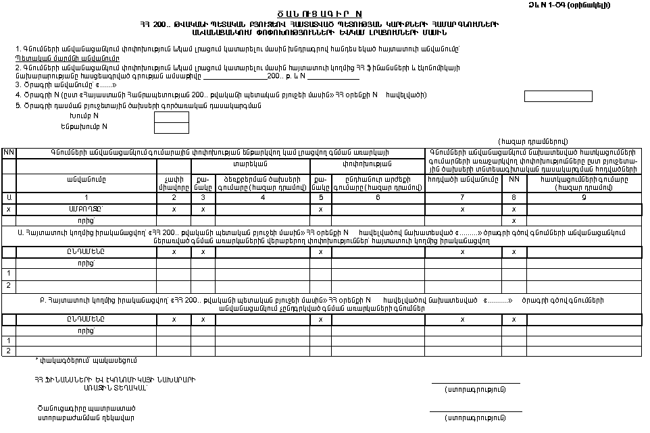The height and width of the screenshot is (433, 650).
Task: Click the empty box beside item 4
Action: [558, 96]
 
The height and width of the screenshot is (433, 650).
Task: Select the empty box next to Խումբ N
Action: [172, 117]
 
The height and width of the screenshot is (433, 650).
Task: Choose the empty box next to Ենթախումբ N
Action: [172, 128]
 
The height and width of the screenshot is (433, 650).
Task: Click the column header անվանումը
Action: [86, 179]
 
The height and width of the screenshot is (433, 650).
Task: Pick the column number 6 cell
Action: [377, 197]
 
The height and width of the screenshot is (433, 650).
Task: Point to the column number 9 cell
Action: [584, 197]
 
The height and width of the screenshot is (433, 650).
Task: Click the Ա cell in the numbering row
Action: [8, 197]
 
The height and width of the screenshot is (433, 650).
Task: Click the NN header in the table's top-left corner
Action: [8, 153]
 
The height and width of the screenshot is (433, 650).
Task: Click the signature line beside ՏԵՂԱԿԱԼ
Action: [475, 383]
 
